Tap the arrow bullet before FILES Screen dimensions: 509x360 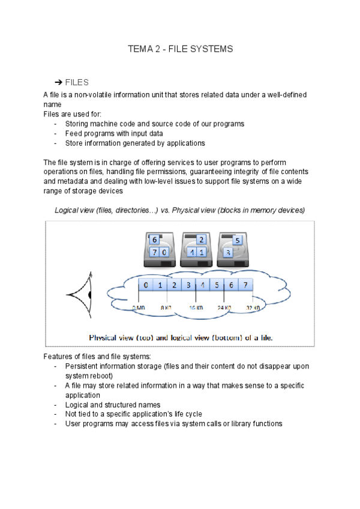(x=59, y=82)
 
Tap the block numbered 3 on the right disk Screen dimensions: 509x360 (x=228, y=253)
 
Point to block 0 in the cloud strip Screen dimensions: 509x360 (x=146, y=285)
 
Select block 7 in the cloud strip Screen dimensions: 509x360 (x=245, y=285)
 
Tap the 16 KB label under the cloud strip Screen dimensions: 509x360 (x=197, y=307)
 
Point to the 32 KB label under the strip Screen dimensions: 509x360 (x=253, y=307)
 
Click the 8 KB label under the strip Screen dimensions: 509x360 (x=166, y=307)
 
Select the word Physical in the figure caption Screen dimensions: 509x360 (x=106, y=337)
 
